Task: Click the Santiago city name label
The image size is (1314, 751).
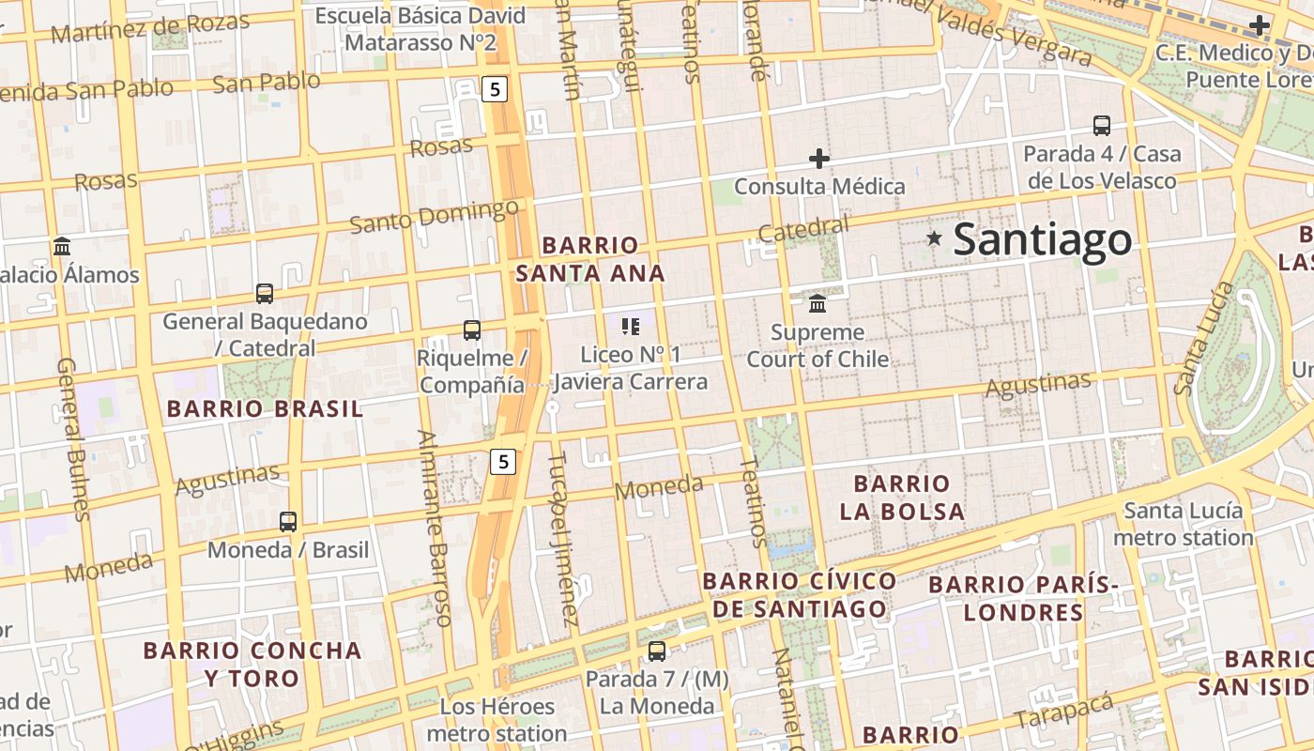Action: [x=1043, y=239]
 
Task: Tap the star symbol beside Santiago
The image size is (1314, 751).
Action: [x=934, y=238]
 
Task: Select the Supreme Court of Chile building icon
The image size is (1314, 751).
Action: [x=817, y=304]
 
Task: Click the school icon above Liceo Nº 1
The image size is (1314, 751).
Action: [x=631, y=327]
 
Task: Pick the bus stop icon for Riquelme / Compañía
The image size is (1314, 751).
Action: [x=472, y=330]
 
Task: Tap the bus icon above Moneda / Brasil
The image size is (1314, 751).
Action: [x=288, y=522]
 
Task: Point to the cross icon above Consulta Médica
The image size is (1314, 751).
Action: [x=819, y=159]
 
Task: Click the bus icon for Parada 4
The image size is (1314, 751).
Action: [x=1102, y=126]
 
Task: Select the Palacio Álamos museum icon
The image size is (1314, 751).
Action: [x=63, y=247]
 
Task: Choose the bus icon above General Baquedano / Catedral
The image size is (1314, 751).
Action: [x=265, y=294]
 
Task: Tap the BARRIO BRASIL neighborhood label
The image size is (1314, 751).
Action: [x=265, y=409]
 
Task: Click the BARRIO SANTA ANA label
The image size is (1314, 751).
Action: [x=590, y=259]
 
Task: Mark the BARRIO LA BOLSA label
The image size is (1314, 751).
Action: [x=902, y=498]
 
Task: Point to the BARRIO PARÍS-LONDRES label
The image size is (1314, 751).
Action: [x=1024, y=599]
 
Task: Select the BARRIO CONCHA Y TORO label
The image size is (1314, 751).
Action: [x=252, y=664]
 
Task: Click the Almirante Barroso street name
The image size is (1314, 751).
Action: [x=436, y=528]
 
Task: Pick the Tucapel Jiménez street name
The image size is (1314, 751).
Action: [x=563, y=540]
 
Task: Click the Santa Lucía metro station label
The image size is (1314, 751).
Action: [x=1184, y=525]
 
